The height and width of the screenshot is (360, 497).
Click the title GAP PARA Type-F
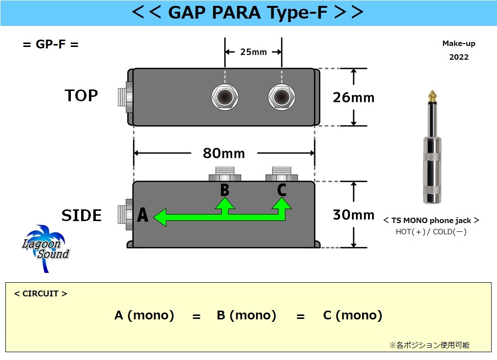pyautogui.click(x=248, y=13)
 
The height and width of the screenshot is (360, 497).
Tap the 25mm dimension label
pyautogui.click(x=253, y=52)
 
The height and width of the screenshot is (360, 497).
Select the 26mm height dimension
pyautogui.click(x=353, y=97)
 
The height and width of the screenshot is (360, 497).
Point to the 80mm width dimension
pyautogui.click(x=224, y=154)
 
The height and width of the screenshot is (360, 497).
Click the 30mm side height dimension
pyautogui.click(x=353, y=215)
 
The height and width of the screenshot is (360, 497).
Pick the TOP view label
pyautogui.click(x=82, y=95)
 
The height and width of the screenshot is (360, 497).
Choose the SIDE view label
pyautogui.click(x=82, y=215)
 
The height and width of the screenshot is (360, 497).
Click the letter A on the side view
pyautogui.click(x=142, y=215)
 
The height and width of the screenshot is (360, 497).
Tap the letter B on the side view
pyautogui.click(x=224, y=190)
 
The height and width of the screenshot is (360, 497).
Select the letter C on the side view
pyautogui.click(x=281, y=190)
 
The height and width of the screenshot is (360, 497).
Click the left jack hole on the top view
pyautogui.click(x=225, y=97)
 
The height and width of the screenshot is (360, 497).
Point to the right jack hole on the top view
pyautogui.click(x=281, y=97)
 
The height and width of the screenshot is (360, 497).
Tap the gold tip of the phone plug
pyautogui.click(x=432, y=95)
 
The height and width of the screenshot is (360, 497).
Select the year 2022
pyautogui.click(x=458, y=57)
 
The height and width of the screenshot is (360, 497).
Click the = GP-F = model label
pyautogui.click(x=51, y=44)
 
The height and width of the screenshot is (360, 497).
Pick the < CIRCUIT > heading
pyautogui.click(x=41, y=294)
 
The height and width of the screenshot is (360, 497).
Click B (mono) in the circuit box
pyautogui.click(x=246, y=315)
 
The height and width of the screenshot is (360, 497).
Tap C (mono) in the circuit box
pyautogui.click(x=352, y=315)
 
